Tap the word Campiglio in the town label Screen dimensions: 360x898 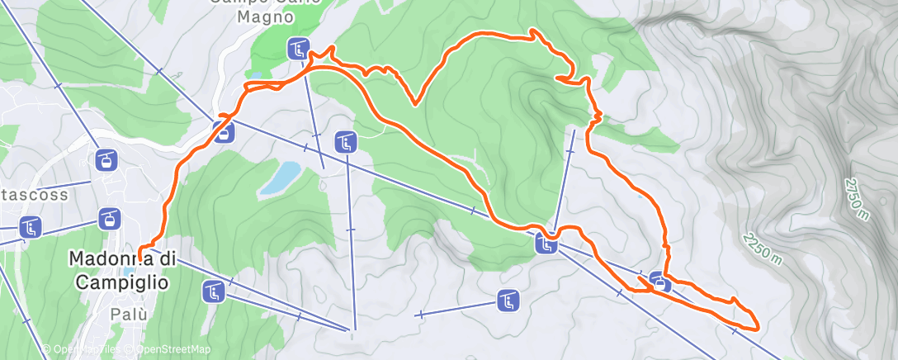[x=123, y=282]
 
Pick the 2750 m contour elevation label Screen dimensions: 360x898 [x=857, y=199]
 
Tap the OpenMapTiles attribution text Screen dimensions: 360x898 [x=83, y=349]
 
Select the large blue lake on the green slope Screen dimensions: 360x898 [x=281, y=178]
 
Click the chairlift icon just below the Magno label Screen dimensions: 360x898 [x=298, y=49]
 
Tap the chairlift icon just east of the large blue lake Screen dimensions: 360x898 [x=346, y=142]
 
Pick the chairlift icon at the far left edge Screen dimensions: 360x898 [x=31, y=227]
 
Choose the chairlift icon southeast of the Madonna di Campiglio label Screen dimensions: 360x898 [x=214, y=291]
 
